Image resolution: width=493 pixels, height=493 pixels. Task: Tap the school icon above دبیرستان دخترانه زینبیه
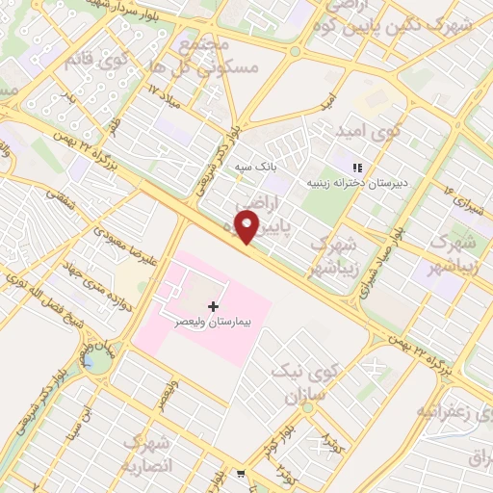coord(357,167)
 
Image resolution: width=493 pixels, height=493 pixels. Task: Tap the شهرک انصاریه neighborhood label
coord(146,454)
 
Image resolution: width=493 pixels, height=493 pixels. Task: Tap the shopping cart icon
coord(240,474)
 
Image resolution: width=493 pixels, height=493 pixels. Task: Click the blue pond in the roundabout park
coord(91,361)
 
